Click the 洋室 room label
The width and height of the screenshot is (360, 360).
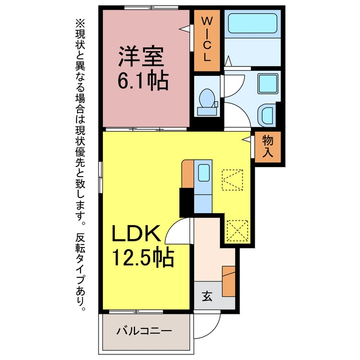141,56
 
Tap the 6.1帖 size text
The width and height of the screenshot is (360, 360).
143,80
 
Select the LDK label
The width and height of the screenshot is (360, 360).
136,233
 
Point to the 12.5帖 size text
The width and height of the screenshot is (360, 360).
143,256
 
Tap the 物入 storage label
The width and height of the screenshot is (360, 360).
268,146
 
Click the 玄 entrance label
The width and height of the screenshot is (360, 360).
207,296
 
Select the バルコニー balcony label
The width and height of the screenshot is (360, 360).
144,331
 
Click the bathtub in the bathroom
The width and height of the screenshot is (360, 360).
253,23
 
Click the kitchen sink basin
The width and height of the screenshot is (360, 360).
204,173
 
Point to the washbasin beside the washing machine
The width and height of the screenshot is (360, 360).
266,115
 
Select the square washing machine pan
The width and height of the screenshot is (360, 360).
268,84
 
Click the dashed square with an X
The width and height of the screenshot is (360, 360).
237,231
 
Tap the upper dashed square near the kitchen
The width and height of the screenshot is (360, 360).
232,180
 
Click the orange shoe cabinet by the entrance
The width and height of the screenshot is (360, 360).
229,281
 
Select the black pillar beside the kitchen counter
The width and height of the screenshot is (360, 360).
186,202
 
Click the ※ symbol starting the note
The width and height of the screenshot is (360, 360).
80,24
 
